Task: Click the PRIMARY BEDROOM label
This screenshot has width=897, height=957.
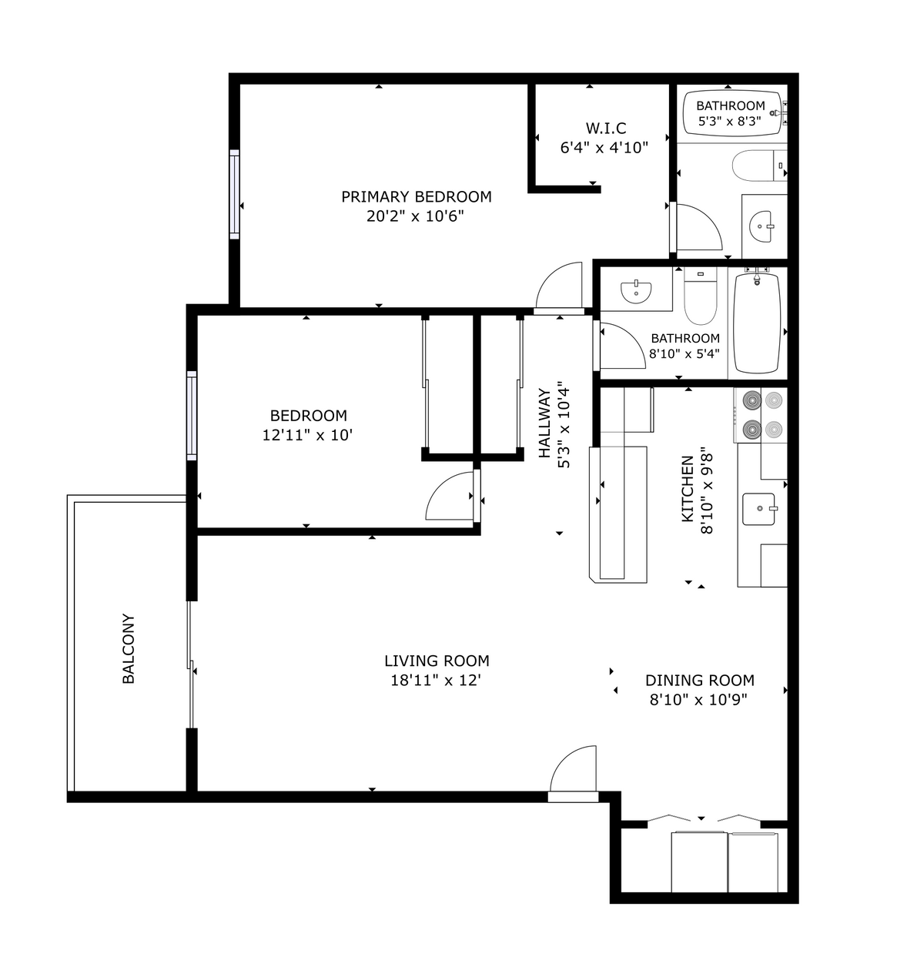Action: (x=416, y=196)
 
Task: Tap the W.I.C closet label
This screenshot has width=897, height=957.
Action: (x=605, y=128)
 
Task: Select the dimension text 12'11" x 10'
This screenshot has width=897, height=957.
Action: (x=307, y=435)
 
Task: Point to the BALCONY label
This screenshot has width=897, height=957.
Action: (x=129, y=648)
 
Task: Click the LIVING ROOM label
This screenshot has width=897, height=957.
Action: (x=437, y=661)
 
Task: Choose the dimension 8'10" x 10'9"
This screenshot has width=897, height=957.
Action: (x=698, y=700)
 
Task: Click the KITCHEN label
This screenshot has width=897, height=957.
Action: (x=688, y=488)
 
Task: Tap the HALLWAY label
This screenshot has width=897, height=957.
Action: (x=545, y=424)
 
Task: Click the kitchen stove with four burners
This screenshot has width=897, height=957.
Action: (x=760, y=414)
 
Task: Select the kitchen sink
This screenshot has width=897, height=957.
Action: (x=760, y=509)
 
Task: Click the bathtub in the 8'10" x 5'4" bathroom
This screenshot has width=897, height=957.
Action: (x=757, y=323)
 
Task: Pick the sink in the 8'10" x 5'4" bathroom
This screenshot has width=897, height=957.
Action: (x=636, y=291)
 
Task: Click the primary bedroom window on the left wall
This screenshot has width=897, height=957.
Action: (x=234, y=194)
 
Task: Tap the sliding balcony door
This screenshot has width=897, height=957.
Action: (x=190, y=664)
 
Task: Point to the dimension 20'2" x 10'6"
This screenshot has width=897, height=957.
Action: (x=416, y=216)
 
